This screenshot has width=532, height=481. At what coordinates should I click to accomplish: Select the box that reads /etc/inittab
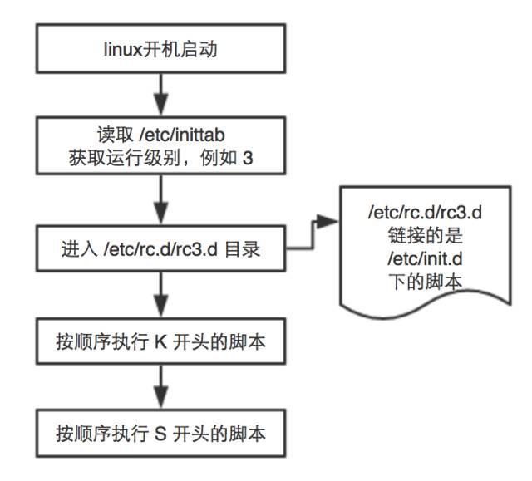pyautogui.click(x=163, y=145)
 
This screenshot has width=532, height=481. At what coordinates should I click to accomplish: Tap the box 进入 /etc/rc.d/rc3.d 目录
pyautogui.click(x=163, y=248)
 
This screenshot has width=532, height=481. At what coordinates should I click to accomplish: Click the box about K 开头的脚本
pyautogui.click(x=163, y=341)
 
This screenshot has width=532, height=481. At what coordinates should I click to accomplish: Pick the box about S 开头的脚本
pyautogui.click(x=163, y=433)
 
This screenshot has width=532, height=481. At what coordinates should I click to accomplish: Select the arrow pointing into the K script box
pyautogui.click(x=163, y=296)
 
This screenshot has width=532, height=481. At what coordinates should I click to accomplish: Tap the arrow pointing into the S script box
pyautogui.click(x=163, y=387)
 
